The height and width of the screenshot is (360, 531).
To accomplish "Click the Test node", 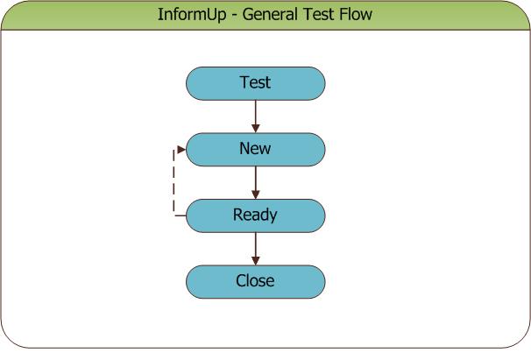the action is (x=256, y=83).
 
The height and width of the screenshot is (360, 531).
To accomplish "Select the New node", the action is (x=256, y=150).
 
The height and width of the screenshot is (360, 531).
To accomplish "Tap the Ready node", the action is (x=256, y=215).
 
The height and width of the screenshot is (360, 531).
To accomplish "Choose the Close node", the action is (x=256, y=282).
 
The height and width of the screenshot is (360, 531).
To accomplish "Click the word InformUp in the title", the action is (x=192, y=15).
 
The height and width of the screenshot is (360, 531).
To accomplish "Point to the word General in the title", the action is (x=270, y=14).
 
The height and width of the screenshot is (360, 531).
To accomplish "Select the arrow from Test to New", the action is (x=256, y=116).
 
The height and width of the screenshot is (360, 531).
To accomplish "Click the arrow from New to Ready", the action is (x=256, y=182).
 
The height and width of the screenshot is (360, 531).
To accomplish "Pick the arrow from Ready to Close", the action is (x=256, y=249).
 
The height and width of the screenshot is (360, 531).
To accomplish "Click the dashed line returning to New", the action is (x=173, y=182).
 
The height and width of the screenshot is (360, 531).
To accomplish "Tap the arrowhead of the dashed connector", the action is (x=181, y=150).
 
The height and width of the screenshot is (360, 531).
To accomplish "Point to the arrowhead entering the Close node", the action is (x=256, y=261).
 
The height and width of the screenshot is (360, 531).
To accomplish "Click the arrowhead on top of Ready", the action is (x=256, y=195).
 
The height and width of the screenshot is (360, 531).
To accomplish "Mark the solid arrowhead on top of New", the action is (x=256, y=129).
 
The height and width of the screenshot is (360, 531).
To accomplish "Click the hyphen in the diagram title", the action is (x=234, y=16).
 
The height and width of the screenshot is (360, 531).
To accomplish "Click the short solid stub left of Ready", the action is (x=181, y=215).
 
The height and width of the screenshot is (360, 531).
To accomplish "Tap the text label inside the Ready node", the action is (x=255, y=215).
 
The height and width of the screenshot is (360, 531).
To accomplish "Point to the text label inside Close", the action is (x=255, y=281).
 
